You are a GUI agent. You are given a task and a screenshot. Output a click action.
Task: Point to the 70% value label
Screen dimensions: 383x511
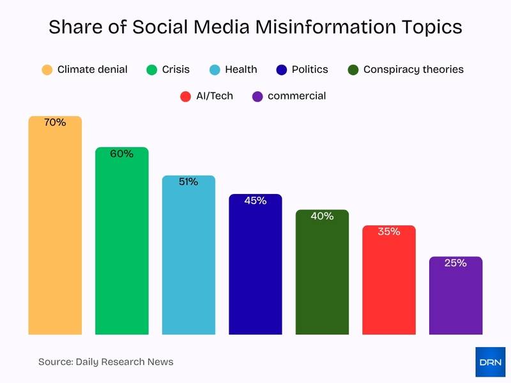click(55, 123)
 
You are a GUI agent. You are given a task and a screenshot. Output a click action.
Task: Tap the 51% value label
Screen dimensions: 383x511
click(188, 182)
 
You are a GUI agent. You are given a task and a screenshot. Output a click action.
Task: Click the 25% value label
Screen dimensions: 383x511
click(455, 263)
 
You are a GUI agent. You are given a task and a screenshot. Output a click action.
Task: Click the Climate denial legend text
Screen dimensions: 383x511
click(92, 70)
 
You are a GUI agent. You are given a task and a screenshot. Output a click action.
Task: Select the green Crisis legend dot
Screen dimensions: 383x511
click(152, 70)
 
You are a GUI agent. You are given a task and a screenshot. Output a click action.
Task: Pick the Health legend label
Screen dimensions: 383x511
click(241, 70)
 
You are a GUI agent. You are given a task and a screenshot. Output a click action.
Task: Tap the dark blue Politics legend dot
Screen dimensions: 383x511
click(282, 70)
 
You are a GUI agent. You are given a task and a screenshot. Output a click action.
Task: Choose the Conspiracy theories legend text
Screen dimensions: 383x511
click(413, 70)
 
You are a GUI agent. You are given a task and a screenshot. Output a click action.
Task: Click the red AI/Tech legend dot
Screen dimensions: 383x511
click(186, 96)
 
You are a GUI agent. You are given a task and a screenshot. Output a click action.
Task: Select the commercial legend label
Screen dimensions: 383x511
click(296, 96)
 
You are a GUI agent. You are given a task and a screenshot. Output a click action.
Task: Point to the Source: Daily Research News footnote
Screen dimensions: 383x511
click(105, 362)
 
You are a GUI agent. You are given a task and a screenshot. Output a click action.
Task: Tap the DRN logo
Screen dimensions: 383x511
click(490, 362)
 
